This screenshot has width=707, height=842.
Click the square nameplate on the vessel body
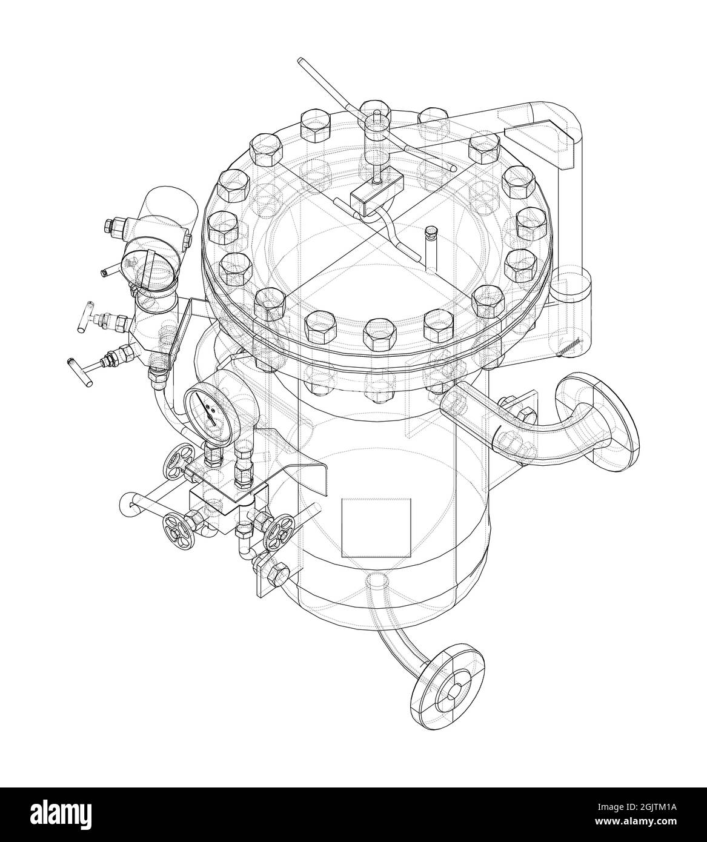(376, 528)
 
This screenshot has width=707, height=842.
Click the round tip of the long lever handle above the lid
(301, 61)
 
